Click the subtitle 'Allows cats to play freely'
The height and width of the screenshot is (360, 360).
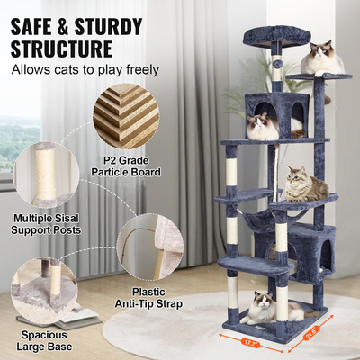[x=85, y=69]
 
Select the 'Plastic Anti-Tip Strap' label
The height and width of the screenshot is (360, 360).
[x=148, y=297]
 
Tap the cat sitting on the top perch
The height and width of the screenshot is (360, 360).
[x=321, y=58]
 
